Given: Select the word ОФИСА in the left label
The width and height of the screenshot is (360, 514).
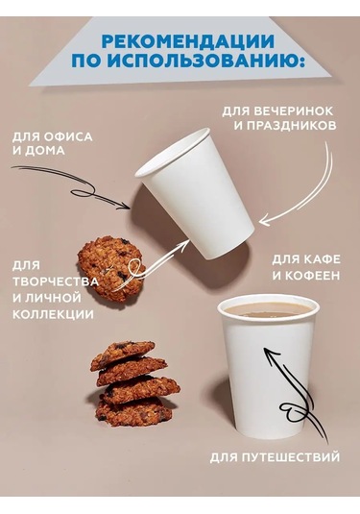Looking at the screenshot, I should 68,135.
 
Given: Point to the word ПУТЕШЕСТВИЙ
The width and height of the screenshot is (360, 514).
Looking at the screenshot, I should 293,456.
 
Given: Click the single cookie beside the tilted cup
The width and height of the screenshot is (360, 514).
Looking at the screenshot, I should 110,268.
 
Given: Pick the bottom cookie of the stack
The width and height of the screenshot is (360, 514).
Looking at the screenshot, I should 133,412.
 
